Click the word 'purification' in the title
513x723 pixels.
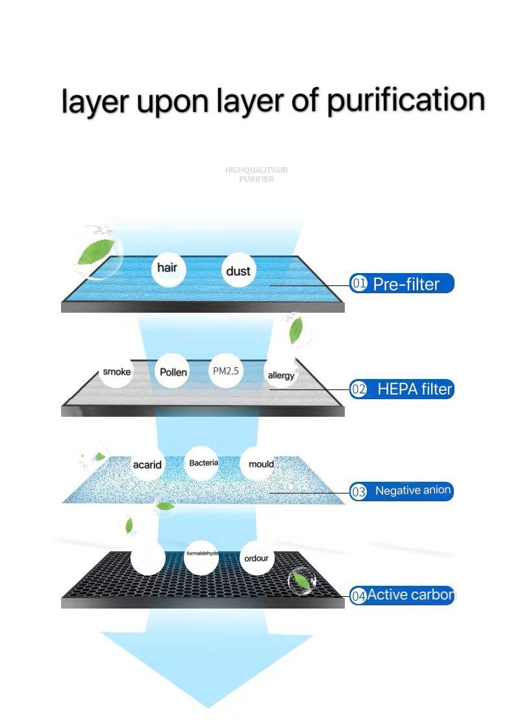point(405,101)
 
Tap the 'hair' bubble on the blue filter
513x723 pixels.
point(168,268)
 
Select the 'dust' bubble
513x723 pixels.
point(238,271)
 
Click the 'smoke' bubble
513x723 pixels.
point(117,372)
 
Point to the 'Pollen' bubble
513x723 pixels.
point(173,372)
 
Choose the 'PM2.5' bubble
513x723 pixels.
point(226,371)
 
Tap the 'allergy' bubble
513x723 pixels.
point(281,375)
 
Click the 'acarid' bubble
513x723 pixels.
point(147,464)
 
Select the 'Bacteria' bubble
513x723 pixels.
point(203,463)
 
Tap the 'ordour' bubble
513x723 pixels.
point(256,558)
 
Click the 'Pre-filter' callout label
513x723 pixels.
point(407,283)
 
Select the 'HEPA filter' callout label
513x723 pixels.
point(414,389)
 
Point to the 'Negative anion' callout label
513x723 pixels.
point(413,491)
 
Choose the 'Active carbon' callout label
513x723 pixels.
point(410,595)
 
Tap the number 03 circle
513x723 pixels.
point(358,492)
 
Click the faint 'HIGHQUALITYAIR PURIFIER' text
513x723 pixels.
point(256,174)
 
